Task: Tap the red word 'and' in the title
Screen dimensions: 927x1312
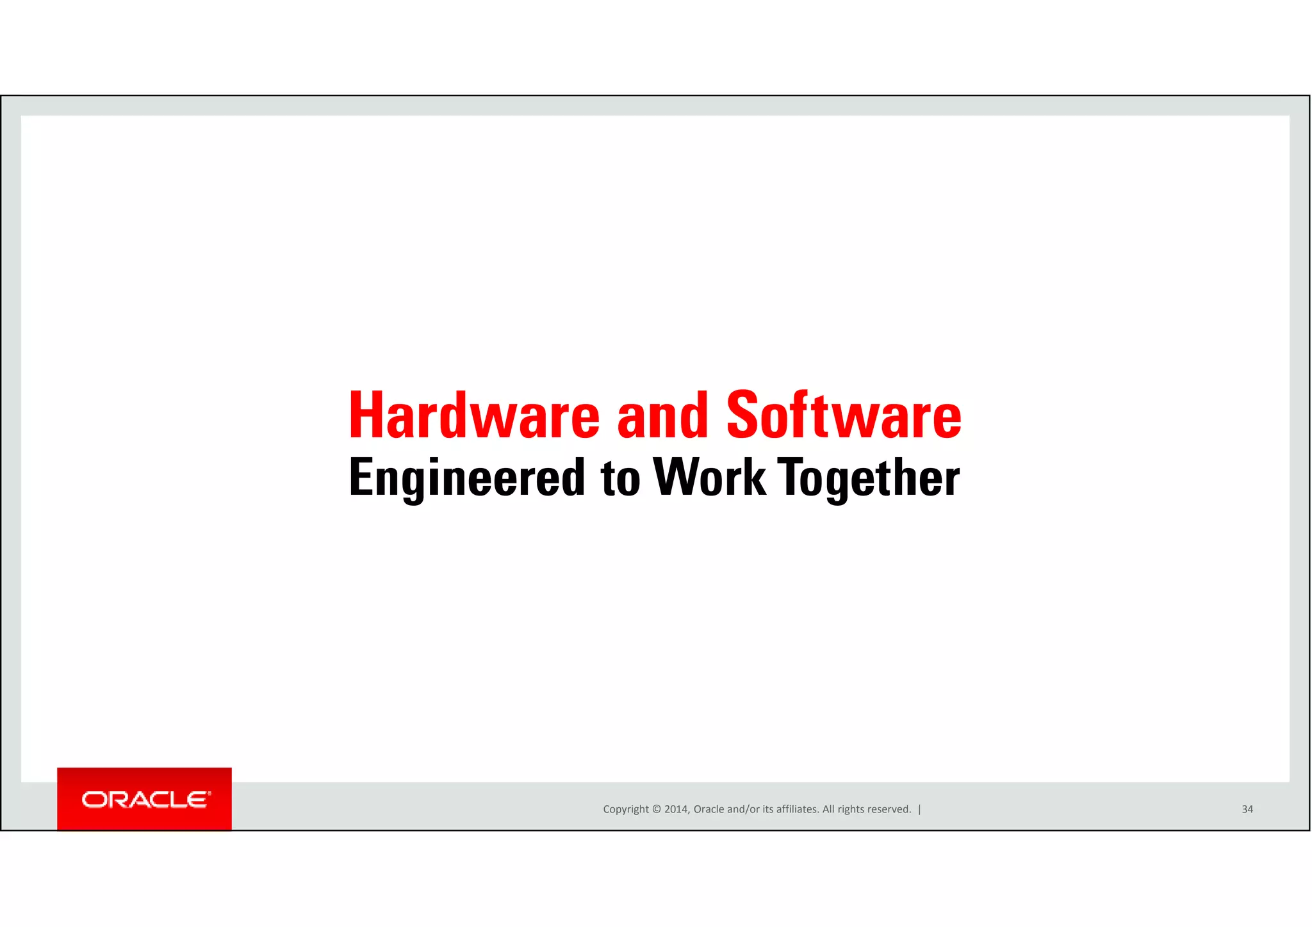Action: click(662, 416)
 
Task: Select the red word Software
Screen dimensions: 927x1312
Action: click(844, 416)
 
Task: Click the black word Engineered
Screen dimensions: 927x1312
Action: click(467, 478)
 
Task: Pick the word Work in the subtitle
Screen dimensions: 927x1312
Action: click(709, 478)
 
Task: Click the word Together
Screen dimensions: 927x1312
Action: click(868, 478)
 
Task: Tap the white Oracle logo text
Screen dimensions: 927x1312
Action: click(145, 800)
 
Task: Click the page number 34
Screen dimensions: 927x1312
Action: click(1247, 809)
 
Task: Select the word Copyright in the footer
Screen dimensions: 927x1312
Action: click(625, 809)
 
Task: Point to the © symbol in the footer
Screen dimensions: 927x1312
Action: click(656, 809)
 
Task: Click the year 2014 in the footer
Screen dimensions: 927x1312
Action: click(676, 809)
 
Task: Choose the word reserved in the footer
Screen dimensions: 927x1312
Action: click(888, 809)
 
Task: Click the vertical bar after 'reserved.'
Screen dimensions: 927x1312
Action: click(919, 809)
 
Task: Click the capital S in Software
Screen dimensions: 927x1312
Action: click(742, 416)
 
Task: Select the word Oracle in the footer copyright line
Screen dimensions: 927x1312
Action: click(709, 809)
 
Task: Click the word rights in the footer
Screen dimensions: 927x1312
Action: click(849, 809)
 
